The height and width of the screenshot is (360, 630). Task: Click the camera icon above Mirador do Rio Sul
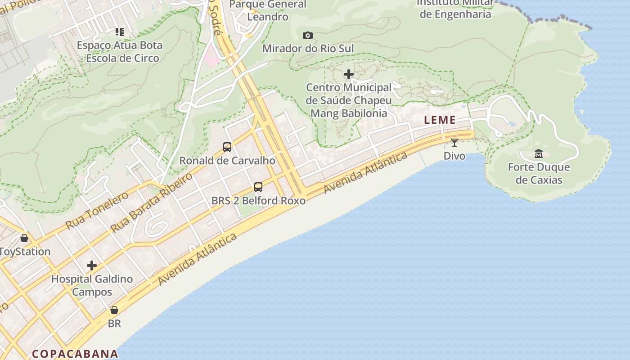pyautogui.click(x=308, y=35)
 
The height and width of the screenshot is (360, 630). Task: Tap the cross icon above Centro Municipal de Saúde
pyautogui.click(x=349, y=74)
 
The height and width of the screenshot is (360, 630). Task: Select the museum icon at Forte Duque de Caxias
pyautogui.click(x=539, y=154)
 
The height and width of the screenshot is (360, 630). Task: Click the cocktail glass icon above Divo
pyautogui.click(x=454, y=143)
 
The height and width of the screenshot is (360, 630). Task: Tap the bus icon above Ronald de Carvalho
pyautogui.click(x=227, y=147)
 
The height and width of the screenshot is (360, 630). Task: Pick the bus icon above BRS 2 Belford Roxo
pyautogui.click(x=258, y=187)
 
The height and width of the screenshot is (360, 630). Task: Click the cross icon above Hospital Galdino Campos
pyautogui.click(x=92, y=265)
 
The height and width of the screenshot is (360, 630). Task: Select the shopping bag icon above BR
pyautogui.click(x=114, y=310)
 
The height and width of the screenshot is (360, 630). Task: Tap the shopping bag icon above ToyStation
pyautogui.click(x=24, y=238)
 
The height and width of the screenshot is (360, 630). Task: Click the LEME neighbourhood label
pyautogui.click(x=440, y=120)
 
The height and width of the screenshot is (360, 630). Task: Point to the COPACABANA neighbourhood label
pyautogui.click(x=75, y=354)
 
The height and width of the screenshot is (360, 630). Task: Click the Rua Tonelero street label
pyautogui.click(x=97, y=210)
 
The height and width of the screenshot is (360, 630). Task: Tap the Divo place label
pyautogui.click(x=454, y=156)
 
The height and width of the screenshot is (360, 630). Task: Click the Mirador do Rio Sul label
pyautogui.click(x=308, y=48)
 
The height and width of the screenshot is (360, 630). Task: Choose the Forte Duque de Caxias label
pyautogui.click(x=539, y=173)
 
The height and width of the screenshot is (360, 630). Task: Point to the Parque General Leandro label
pyautogui.click(x=268, y=10)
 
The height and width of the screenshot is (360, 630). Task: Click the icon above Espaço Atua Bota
pyautogui.click(x=119, y=32)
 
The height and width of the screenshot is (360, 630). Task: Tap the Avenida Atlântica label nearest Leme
pyautogui.click(x=365, y=173)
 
